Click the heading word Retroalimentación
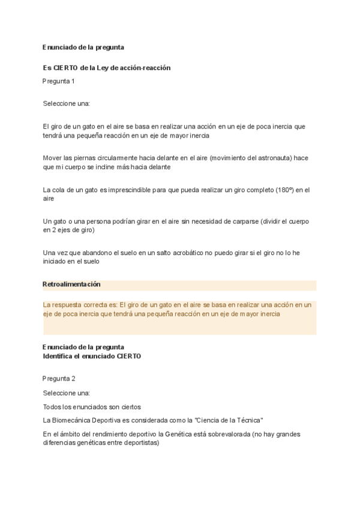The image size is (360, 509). [71, 284]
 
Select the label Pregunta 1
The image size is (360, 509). [59, 80]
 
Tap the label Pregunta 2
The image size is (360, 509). [59, 378]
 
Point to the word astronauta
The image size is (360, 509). [268, 157]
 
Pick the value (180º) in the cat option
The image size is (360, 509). [284, 190]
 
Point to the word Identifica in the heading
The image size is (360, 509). [59, 356]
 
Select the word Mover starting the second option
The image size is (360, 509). [52, 157]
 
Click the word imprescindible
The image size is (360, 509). [128, 190]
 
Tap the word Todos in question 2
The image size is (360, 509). [52, 406]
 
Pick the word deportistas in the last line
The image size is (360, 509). [140, 443]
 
